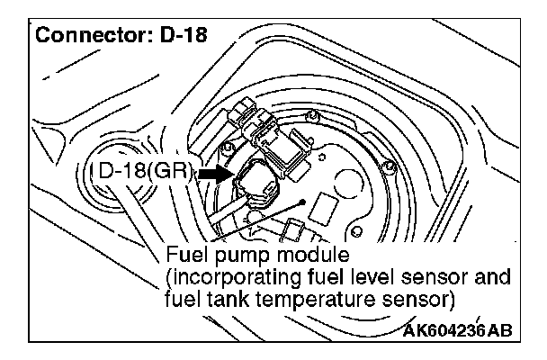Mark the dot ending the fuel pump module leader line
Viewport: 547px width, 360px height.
305,202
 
